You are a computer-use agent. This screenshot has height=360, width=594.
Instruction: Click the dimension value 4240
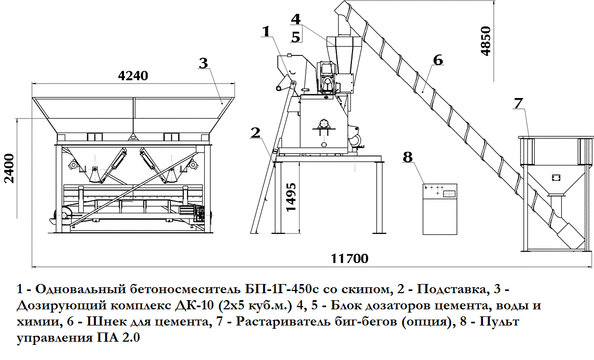click(133, 76)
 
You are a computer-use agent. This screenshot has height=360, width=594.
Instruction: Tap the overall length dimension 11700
click(350, 259)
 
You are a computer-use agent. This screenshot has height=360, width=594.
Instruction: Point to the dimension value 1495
click(291, 197)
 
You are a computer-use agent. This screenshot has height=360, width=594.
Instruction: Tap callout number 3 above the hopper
click(204, 63)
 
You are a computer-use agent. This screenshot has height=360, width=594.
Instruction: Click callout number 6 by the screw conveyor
click(438, 60)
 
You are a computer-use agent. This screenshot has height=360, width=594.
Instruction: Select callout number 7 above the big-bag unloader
click(518, 103)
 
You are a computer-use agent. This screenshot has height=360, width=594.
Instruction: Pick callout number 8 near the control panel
click(407, 156)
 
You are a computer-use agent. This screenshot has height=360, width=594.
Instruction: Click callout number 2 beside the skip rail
click(255, 133)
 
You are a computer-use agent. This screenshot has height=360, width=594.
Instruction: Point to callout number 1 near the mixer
click(266, 31)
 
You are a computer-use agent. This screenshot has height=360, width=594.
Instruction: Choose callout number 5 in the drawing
click(296, 37)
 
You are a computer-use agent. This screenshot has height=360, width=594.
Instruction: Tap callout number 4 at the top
click(296, 19)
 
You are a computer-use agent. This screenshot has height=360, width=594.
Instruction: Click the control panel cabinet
click(440, 209)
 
